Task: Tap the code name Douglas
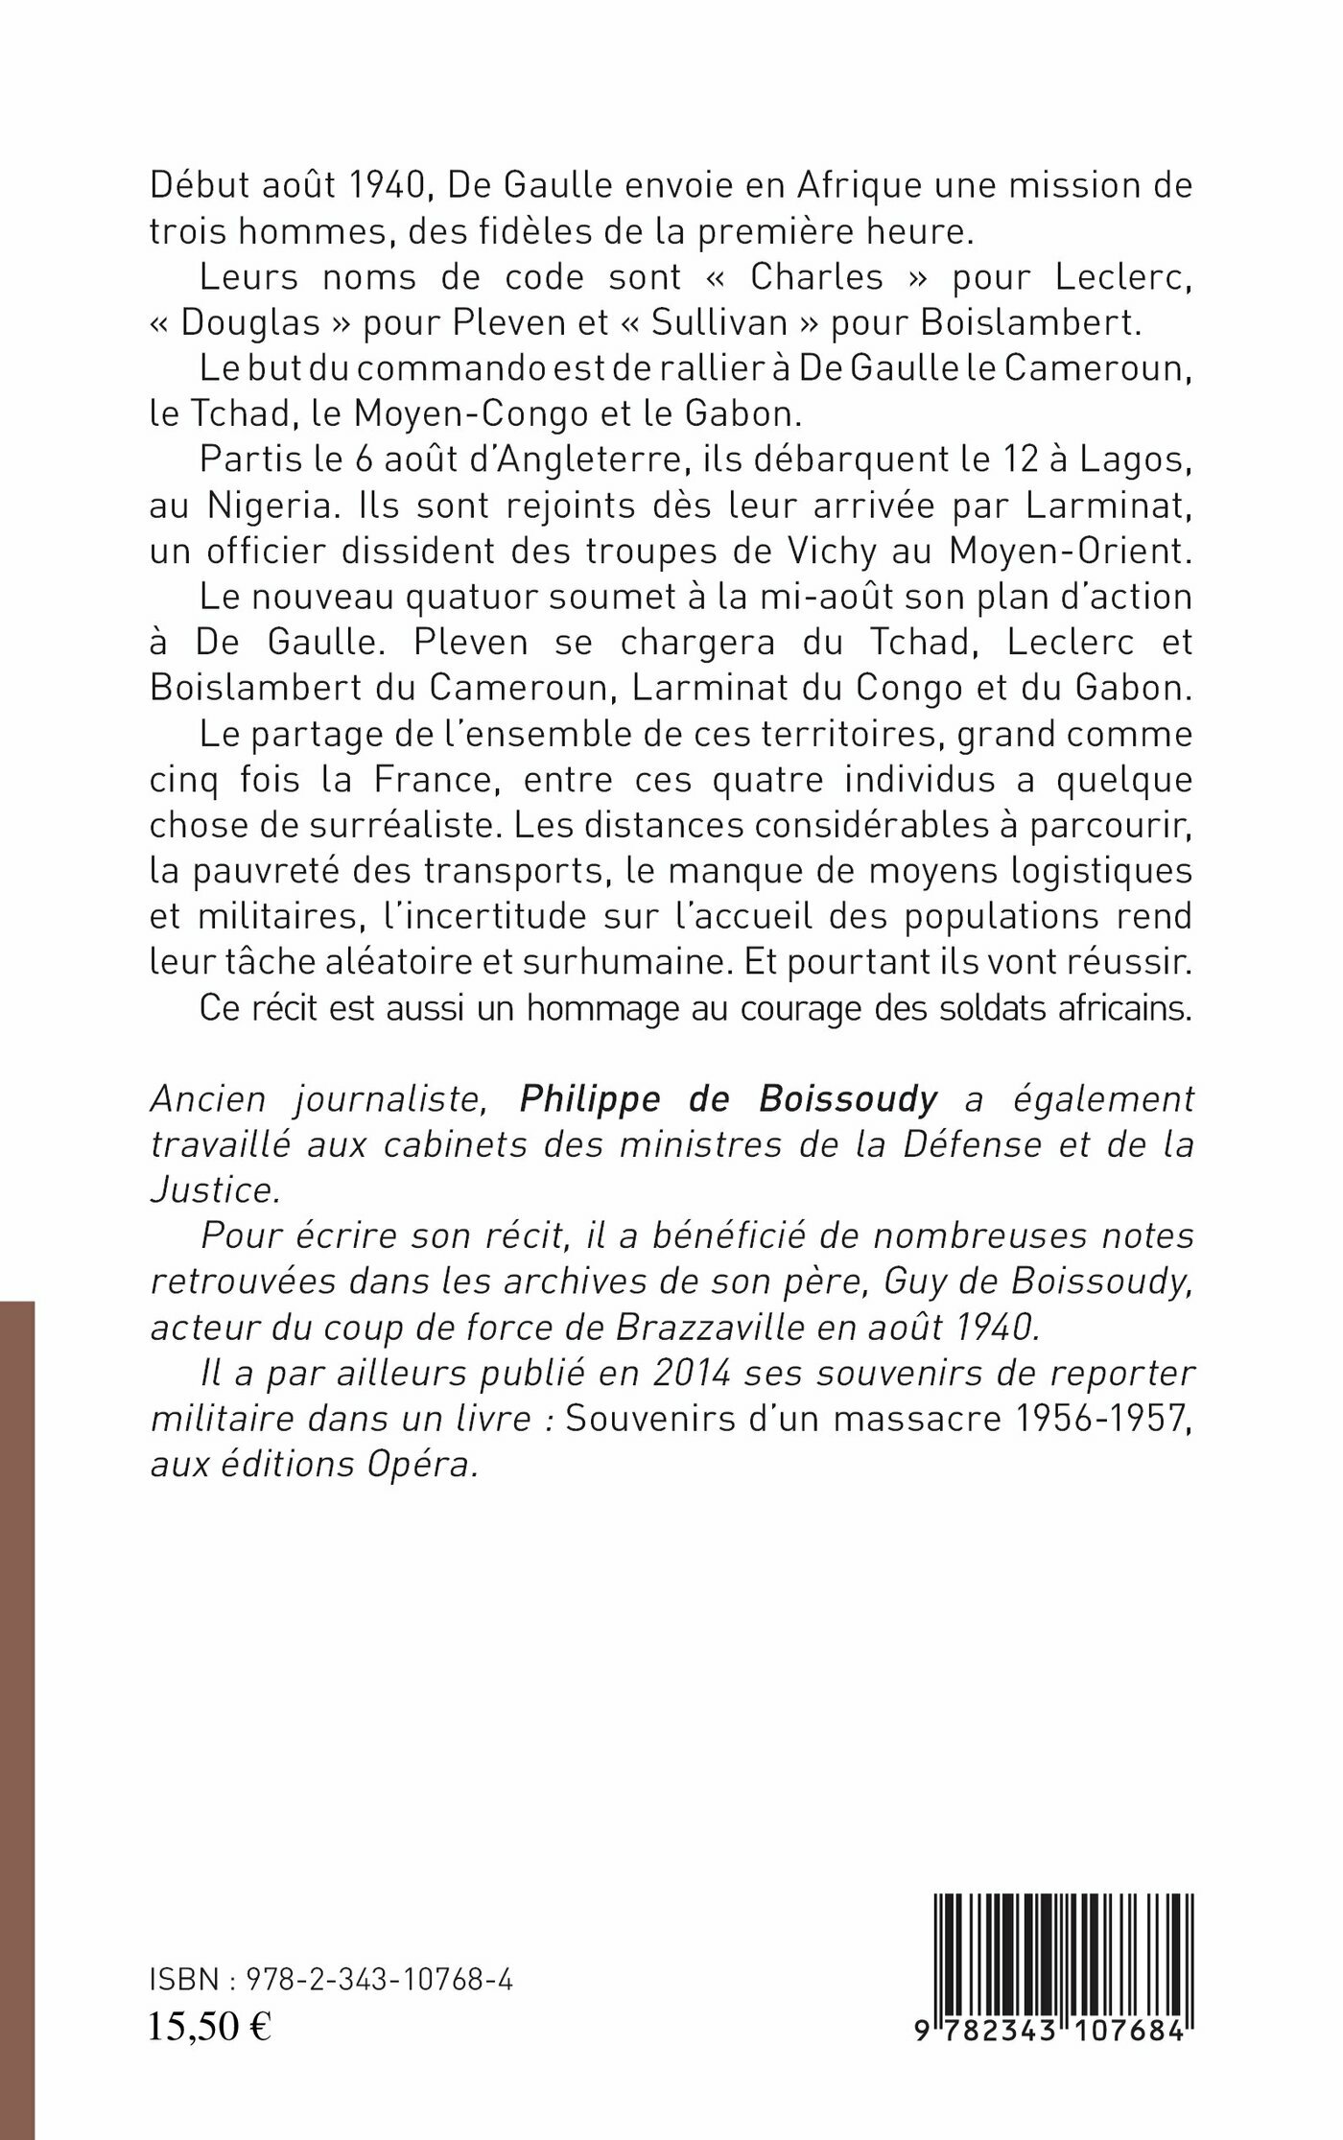(249, 322)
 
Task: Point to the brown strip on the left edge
(17, 1717)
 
